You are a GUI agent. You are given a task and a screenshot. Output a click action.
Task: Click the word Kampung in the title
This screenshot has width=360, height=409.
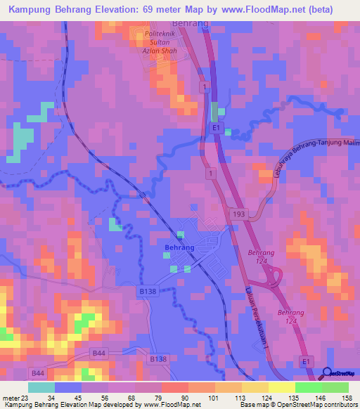(x=32, y=9)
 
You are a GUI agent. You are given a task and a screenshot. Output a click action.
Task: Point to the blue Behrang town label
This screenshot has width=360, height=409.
(x=179, y=248)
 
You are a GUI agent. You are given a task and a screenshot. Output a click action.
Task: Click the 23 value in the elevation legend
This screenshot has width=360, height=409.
(x=25, y=398)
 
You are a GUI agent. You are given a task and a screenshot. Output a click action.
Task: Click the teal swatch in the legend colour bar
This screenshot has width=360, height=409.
(x=41, y=387)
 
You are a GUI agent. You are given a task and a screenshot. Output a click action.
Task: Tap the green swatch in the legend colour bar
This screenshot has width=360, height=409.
(x=335, y=387)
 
